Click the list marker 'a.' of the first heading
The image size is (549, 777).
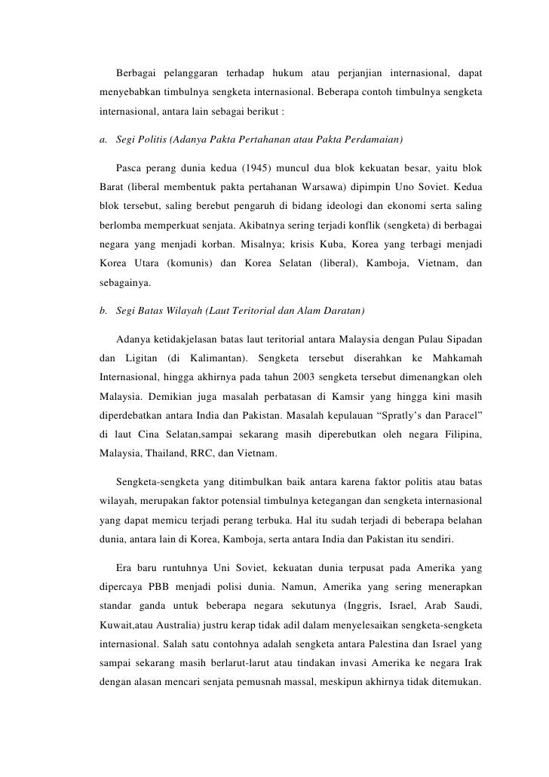pos(103,140)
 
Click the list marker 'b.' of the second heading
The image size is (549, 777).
pos(103,312)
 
